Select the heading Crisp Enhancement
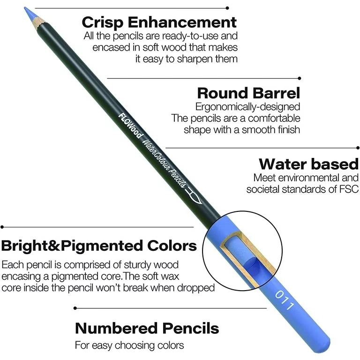[x=159, y=22]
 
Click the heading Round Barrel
[x=248, y=93]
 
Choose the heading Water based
[x=308, y=164]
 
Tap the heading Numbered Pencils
[x=147, y=328]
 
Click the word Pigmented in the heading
[x=102, y=246]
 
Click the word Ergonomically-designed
[x=247, y=107]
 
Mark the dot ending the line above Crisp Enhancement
[x=227, y=8]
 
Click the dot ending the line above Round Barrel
[x=300, y=78]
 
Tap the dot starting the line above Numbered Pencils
[x=75, y=308]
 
